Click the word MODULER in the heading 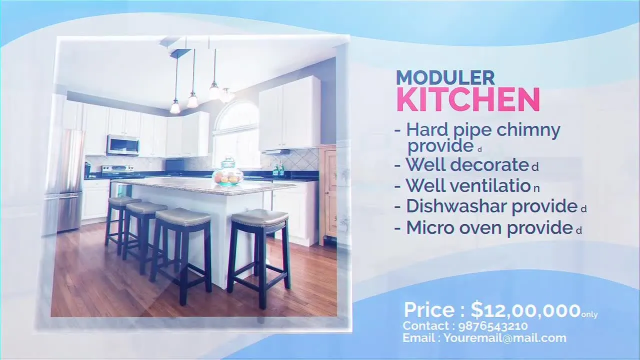point(445,77)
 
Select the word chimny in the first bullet point(528,131)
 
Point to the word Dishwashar point(456,206)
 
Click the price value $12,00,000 point(525,310)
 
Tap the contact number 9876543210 point(493,326)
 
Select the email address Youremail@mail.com point(505,338)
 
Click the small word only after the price point(589,314)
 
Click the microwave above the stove point(123,145)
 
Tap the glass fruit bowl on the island point(228,172)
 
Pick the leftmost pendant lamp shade point(175,106)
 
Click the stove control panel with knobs point(117,168)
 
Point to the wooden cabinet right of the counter point(330,194)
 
